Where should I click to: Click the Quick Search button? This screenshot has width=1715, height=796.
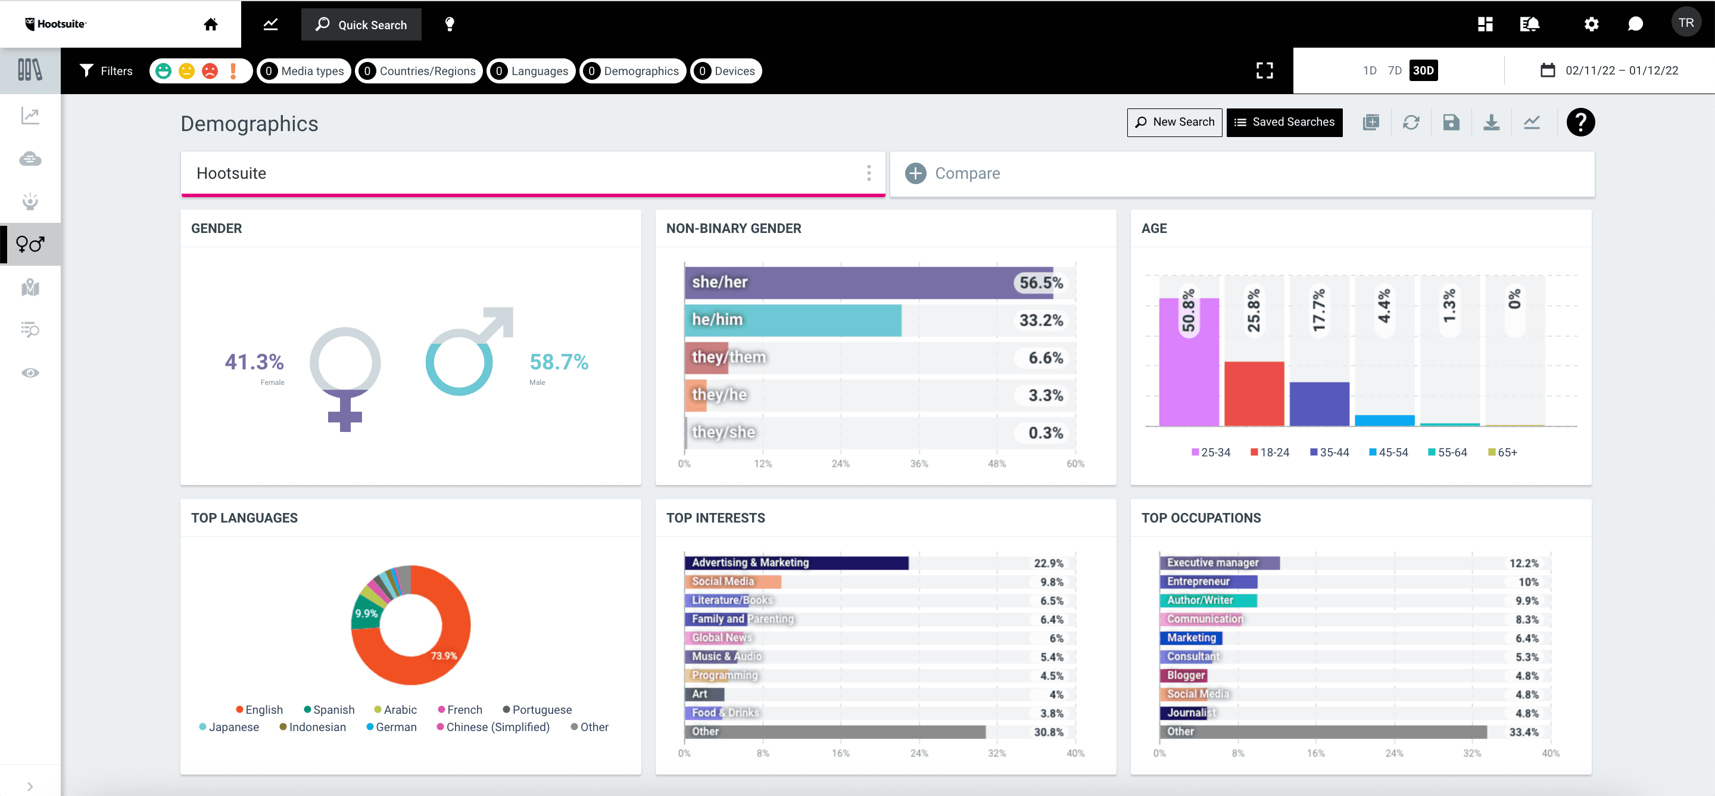[x=361, y=24]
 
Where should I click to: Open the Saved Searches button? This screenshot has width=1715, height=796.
[x=1284, y=122]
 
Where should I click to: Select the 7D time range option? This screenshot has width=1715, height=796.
[x=1394, y=71]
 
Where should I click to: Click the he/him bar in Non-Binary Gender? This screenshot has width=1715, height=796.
[x=792, y=320]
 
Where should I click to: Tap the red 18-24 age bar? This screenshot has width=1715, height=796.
[x=1253, y=393]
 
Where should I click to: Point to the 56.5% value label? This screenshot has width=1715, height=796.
[x=1040, y=282]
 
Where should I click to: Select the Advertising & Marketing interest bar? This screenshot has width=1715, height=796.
[x=796, y=563]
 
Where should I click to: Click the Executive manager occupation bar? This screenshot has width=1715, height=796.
[x=1218, y=563]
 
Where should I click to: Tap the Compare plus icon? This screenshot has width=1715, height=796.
[x=915, y=173]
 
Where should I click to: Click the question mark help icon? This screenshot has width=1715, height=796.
[x=1580, y=122]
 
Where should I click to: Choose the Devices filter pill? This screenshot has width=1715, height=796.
[x=726, y=71]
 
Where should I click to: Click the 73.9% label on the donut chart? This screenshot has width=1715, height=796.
[x=444, y=655]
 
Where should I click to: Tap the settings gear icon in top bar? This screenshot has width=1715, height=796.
[x=1591, y=24]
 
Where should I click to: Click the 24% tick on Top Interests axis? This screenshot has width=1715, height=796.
[x=919, y=753]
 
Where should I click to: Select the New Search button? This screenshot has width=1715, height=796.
[x=1174, y=122]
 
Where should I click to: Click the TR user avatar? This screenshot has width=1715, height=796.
[x=1685, y=23]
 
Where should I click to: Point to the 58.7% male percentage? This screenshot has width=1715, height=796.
[x=559, y=362]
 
